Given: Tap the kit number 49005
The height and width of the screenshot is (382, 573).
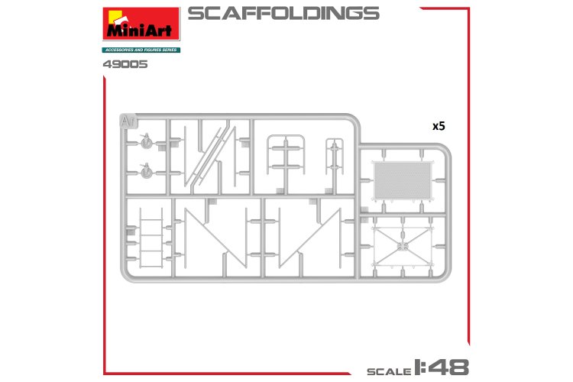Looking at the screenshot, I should [x=125, y=64].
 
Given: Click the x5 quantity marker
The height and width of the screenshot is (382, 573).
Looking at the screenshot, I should [x=438, y=127].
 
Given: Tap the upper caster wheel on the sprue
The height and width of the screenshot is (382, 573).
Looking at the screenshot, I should [x=147, y=142].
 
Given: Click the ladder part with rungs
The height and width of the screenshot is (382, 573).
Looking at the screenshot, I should [x=151, y=243].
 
